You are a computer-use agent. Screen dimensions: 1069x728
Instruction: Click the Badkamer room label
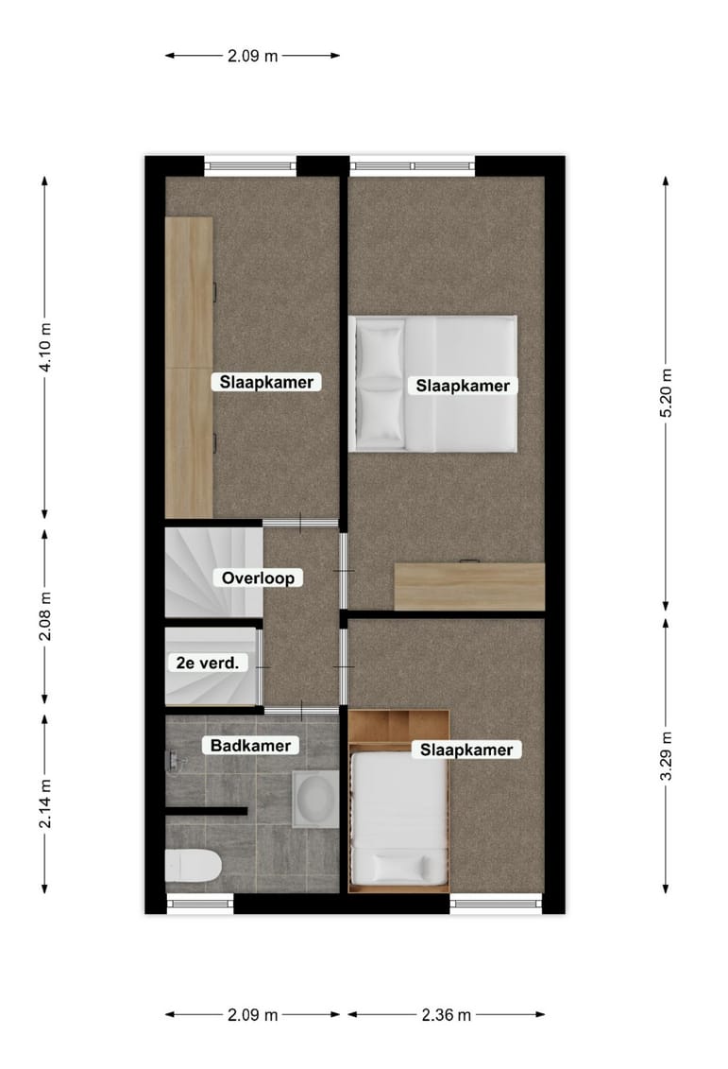click(251, 745)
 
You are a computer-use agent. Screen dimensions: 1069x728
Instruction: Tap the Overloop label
click(258, 578)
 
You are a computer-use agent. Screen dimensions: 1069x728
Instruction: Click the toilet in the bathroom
click(194, 864)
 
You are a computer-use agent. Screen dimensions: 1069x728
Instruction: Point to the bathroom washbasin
click(313, 799)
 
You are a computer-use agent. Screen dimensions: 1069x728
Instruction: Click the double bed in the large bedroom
click(433, 384)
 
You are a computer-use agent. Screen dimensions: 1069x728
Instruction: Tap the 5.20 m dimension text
click(666, 391)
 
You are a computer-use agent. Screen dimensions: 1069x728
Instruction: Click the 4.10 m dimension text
click(45, 347)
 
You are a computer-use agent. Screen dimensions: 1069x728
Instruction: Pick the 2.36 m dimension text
click(446, 1014)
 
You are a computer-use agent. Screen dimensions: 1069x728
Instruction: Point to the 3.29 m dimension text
click(666, 756)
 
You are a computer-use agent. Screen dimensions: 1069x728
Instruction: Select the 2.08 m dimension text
click(45, 615)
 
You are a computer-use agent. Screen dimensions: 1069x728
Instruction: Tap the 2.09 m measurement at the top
click(252, 55)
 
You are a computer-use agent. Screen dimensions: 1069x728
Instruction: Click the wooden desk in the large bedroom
click(469, 587)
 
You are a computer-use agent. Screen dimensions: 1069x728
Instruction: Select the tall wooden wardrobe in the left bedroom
click(189, 367)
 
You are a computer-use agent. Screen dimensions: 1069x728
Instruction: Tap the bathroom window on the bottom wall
click(200, 903)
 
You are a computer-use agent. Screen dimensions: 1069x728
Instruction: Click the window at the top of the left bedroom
click(250, 166)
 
